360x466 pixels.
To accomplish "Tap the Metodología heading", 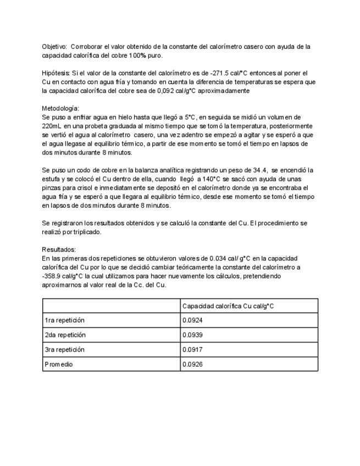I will point(60,108).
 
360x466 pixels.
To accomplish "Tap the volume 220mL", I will point(51,126).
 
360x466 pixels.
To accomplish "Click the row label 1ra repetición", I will point(65,320).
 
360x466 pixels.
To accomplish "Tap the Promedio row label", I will point(58,363).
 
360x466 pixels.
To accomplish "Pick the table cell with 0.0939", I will point(191,334).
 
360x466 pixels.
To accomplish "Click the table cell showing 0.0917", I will point(191,349).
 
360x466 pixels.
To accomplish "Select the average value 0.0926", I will point(191,363).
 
